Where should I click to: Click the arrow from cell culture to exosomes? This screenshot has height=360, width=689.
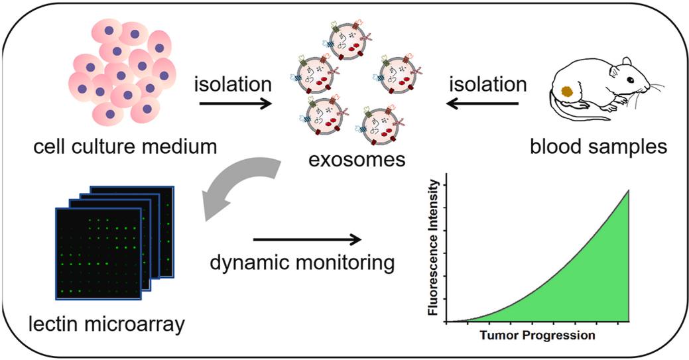(236, 103)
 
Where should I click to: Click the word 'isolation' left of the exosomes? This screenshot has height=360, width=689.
(232, 85)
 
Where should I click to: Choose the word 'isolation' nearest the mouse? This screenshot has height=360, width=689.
(488, 85)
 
